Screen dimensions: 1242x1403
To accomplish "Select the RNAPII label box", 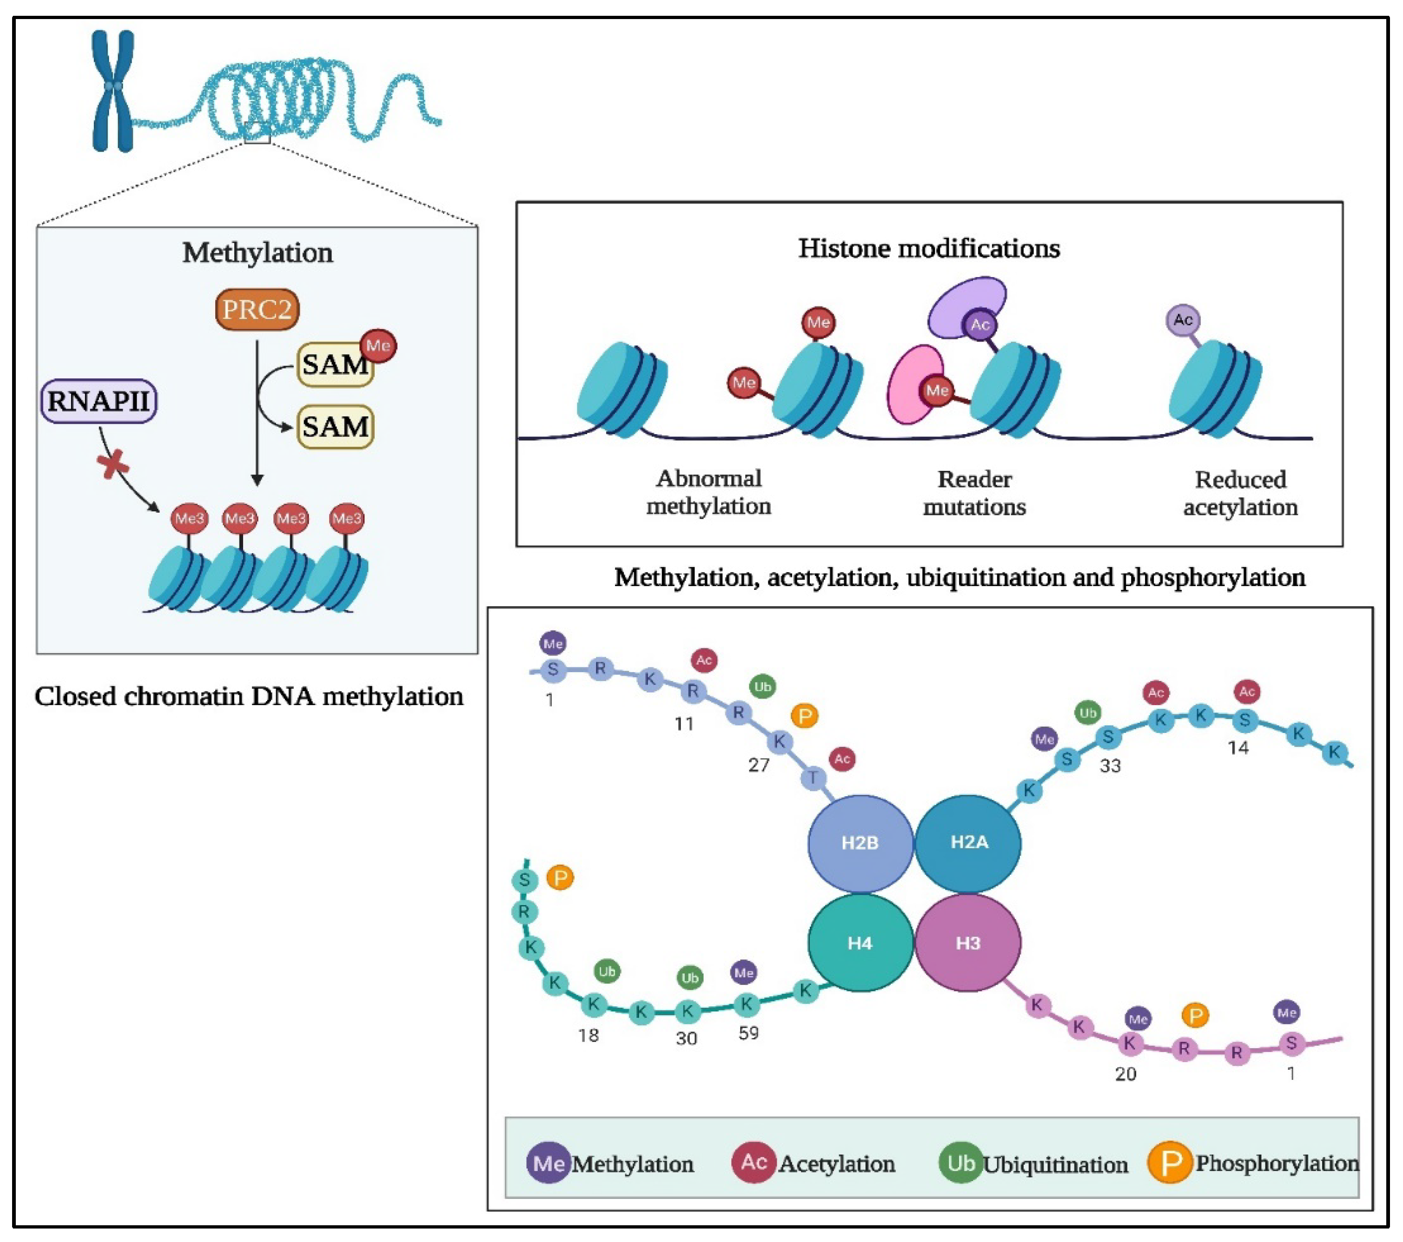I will click(99, 401).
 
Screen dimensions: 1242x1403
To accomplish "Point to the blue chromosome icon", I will click(113, 91).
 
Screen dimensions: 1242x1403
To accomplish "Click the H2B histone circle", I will click(860, 843).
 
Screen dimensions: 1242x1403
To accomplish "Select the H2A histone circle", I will click(968, 843).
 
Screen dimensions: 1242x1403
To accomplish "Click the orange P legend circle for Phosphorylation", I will click(1170, 1163).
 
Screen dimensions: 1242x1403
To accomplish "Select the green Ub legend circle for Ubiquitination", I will click(960, 1163).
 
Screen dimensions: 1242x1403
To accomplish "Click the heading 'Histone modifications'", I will click(929, 248).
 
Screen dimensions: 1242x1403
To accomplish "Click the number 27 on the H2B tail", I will click(759, 765).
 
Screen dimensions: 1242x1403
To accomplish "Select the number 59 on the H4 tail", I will click(748, 1033).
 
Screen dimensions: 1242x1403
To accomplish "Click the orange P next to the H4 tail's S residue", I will click(560, 878).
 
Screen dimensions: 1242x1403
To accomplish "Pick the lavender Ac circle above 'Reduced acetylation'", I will click(1183, 320).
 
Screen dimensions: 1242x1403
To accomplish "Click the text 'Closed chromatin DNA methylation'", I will click(248, 696).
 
